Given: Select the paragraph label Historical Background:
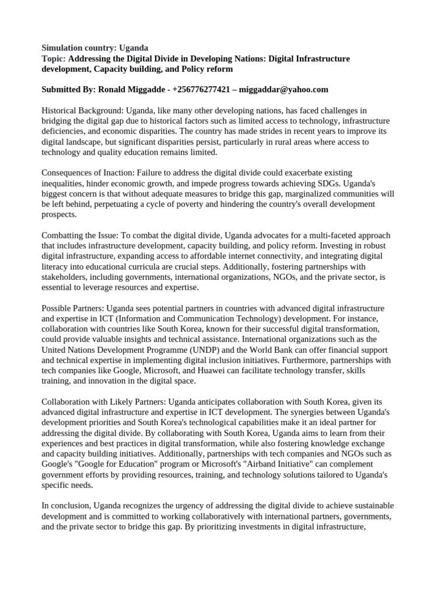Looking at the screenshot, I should tap(82, 110).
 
